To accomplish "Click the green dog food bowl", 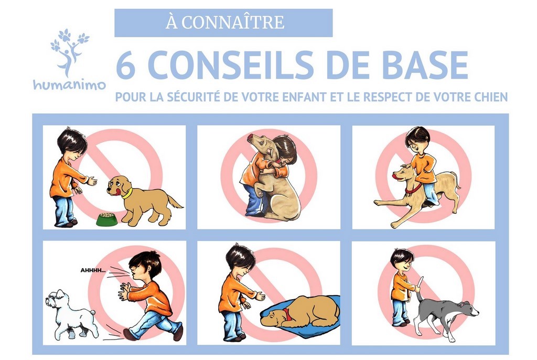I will click(x=106, y=219).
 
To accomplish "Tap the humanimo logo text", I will click(x=69, y=85).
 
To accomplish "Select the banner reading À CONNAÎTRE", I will click(x=223, y=23).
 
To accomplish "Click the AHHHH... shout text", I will click(x=93, y=271).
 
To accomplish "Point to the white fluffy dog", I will click(x=71, y=314).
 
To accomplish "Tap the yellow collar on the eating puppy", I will click(x=126, y=193).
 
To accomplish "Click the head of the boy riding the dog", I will click(x=418, y=138).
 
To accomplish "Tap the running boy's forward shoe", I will click(x=128, y=334).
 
